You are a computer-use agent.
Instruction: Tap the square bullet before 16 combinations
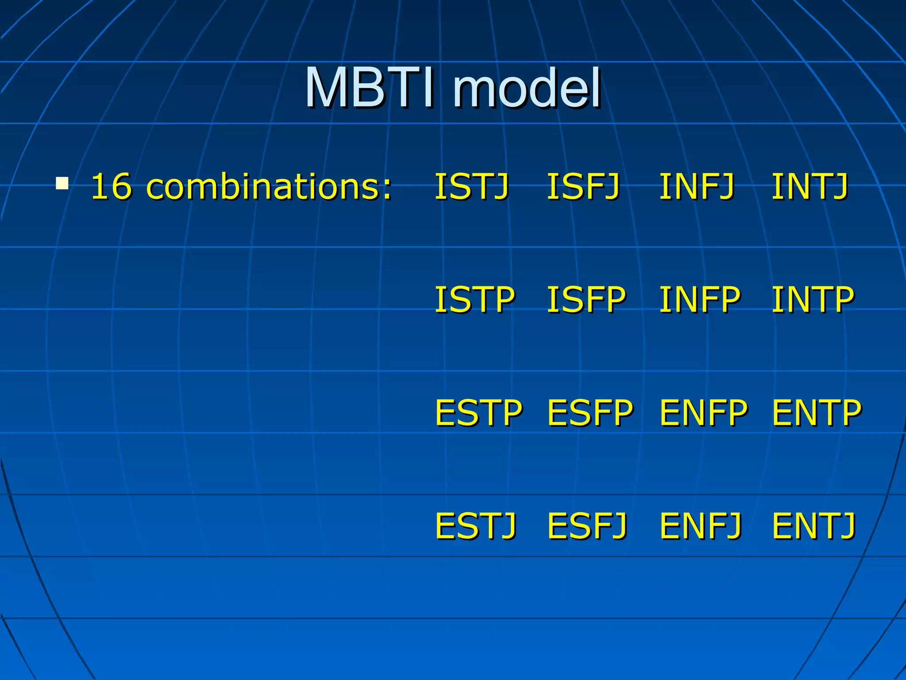click(x=62, y=183)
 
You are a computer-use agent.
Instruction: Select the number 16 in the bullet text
click(x=111, y=186)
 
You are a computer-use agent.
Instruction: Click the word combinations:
click(x=269, y=186)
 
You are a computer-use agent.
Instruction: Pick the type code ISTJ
click(x=472, y=186)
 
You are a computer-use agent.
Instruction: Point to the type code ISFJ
click(x=583, y=186)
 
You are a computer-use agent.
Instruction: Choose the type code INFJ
click(x=697, y=186)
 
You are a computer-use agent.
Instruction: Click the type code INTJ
click(x=810, y=186)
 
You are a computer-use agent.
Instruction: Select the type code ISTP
click(x=474, y=300)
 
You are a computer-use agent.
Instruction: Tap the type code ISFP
click(x=586, y=300)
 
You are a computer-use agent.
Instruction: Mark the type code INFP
click(x=699, y=300)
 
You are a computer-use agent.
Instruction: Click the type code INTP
click(x=812, y=300)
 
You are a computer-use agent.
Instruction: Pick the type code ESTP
click(x=478, y=413)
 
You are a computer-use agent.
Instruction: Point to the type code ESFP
click(x=590, y=413)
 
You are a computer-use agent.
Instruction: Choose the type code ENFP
click(x=703, y=413)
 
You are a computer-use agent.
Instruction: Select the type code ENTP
click(x=816, y=413)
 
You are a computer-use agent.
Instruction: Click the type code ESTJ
click(x=476, y=525)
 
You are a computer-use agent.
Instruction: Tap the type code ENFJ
click(x=700, y=525)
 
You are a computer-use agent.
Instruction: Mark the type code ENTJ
click(x=814, y=525)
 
